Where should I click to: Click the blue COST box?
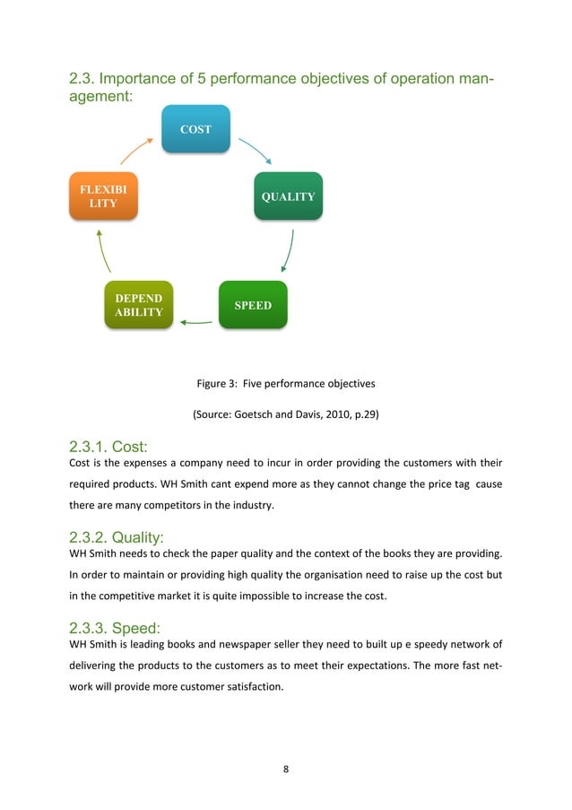pos(195,129)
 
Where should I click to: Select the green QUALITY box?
pos(288,196)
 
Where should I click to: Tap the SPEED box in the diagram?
pos(253,305)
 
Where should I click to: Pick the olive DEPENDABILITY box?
pos(138,305)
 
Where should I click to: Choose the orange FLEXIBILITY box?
pos(103,196)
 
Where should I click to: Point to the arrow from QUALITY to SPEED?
pos(289,250)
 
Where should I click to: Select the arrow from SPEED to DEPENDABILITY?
pos(195,321)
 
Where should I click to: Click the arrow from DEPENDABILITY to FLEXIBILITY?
pos(102,250)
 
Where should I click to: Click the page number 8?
pos(286,769)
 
